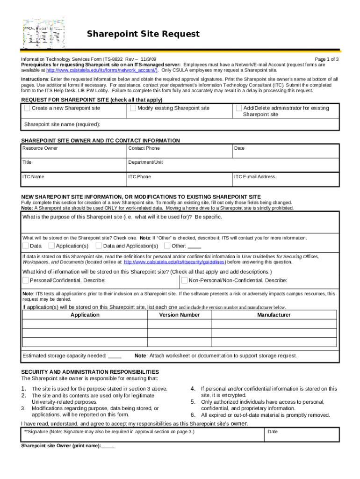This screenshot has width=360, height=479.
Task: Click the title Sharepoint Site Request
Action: point(143,34)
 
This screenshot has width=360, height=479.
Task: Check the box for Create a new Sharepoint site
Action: point(27,108)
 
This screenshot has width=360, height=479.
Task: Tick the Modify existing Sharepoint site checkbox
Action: point(133,108)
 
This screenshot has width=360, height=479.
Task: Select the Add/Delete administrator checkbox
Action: point(239,108)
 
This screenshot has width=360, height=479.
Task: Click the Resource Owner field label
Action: point(40,148)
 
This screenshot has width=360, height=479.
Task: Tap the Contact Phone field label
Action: point(144,148)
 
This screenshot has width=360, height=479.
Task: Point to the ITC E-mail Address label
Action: point(254,177)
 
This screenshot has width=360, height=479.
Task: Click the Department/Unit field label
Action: point(146,162)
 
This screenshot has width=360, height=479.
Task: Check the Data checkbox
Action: point(25,246)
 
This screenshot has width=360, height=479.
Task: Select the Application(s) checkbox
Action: point(51,246)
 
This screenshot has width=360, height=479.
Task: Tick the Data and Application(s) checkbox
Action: point(99,246)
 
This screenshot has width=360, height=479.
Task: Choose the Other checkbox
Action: point(167,246)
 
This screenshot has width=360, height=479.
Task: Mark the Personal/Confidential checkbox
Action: point(25,281)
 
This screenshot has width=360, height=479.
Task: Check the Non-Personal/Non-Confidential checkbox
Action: point(184,281)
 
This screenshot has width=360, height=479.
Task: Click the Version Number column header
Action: point(180,315)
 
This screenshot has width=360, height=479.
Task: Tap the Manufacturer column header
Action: point(274,315)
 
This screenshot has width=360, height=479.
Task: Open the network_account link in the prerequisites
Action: point(102,70)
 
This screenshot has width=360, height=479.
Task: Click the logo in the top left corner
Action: point(44,34)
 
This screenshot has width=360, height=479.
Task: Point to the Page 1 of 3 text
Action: point(326,59)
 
